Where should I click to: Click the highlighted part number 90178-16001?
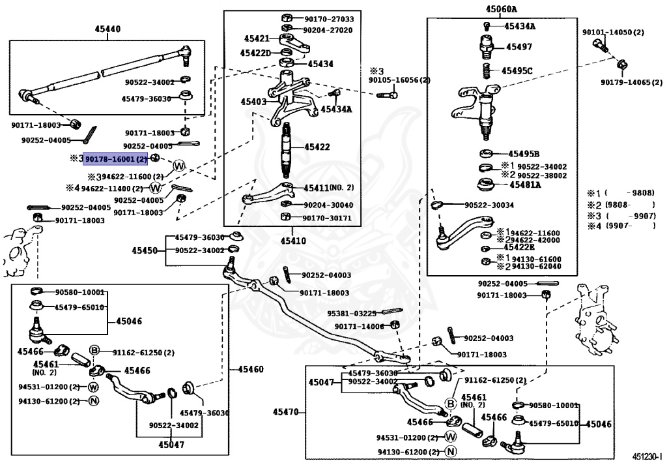tap(116, 158)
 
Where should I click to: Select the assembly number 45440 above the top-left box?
tap(107, 29)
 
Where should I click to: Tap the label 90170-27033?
tap(328, 19)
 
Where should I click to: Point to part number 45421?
tap(257, 39)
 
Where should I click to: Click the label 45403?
tap(253, 102)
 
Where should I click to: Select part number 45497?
tap(518, 47)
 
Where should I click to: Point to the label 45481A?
tap(525, 185)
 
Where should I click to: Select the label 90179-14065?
tap(626, 83)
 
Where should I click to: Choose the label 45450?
tap(145, 250)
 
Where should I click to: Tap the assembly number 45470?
tap(285, 411)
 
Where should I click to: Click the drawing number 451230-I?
tap(647, 456)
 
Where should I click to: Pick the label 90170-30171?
tap(328, 218)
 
